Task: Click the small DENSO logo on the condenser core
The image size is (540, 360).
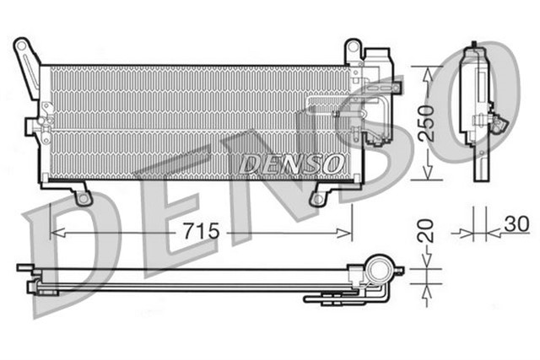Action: tap(290, 162)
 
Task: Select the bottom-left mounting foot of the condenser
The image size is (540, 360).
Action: tap(84, 196)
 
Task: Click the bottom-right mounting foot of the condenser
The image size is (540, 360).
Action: tap(318, 197)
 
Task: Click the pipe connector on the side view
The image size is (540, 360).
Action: tap(500, 122)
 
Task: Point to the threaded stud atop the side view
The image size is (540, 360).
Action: tap(474, 44)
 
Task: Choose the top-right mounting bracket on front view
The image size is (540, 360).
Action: tap(353, 51)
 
